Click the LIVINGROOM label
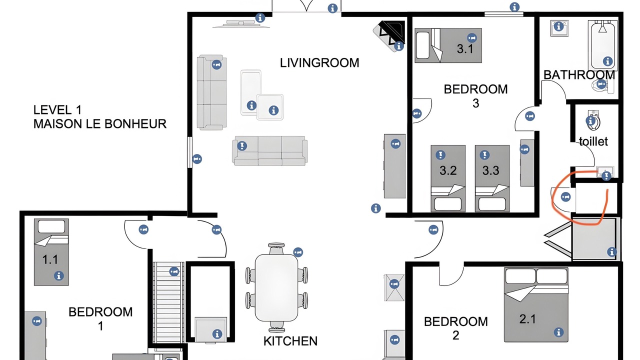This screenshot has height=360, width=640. pyautogui.click(x=319, y=63)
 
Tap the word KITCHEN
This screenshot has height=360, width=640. pyautogui.click(x=290, y=341)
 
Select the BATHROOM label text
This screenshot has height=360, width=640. pyautogui.click(x=579, y=75)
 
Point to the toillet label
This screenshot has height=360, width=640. pyautogui.click(x=593, y=141)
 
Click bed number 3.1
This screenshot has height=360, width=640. pyautogui.click(x=465, y=49)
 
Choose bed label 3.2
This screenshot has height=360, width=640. pyautogui.click(x=448, y=170)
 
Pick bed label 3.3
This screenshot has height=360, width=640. pyautogui.click(x=491, y=170)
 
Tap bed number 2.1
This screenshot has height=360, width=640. pyautogui.click(x=527, y=319)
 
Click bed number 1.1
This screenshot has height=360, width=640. pyautogui.click(x=50, y=259)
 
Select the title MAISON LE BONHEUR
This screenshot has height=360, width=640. pyautogui.click(x=100, y=124)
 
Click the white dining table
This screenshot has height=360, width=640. pyautogui.click(x=276, y=288)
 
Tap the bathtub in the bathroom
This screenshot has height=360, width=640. pyautogui.click(x=602, y=45)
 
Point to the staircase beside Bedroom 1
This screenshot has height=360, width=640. pyautogui.click(x=168, y=302)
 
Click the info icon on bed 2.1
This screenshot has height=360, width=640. pyautogui.click(x=558, y=332)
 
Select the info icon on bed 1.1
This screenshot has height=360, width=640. pyautogui.click(x=59, y=275)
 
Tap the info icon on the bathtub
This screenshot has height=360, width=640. pyautogui.click(x=607, y=61)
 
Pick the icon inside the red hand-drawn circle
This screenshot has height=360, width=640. pyautogui.click(x=565, y=197)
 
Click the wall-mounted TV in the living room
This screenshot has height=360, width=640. pyautogui.click(x=241, y=24)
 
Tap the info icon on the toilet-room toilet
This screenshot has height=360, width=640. pyautogui.click(x=590, y=121)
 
